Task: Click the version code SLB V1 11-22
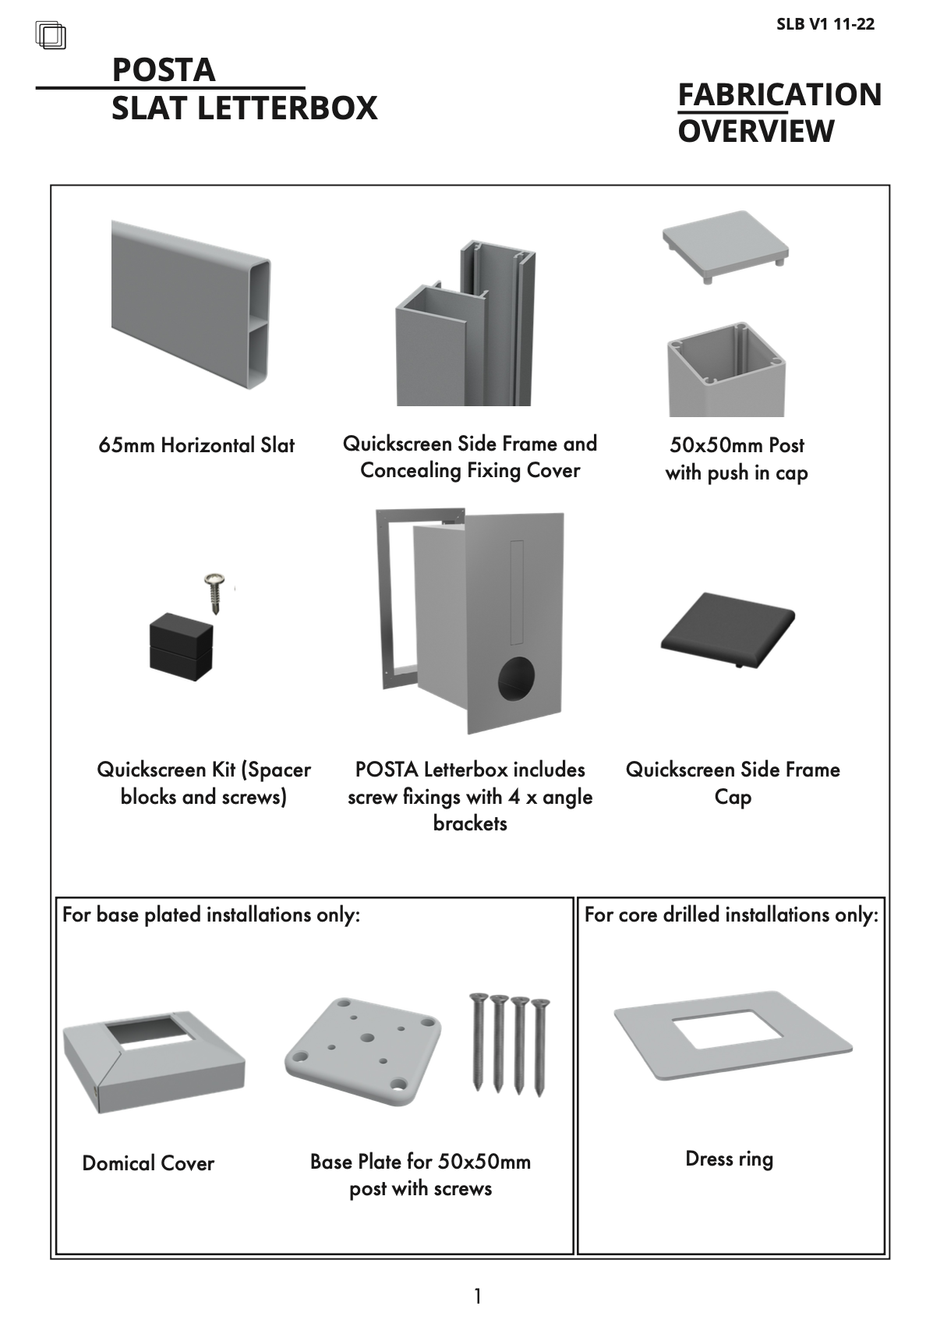[825, 24]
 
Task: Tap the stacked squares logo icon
[51, 35]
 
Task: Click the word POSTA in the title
[164, 70]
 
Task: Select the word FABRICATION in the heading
[779, 95]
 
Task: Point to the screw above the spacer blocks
[214, 593]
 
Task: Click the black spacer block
[181, 647]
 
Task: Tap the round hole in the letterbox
[516, 678]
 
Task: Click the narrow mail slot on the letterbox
[516, 593]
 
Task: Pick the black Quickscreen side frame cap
[728, 630]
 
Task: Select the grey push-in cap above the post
[725, 246]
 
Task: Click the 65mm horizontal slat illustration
[191, 305]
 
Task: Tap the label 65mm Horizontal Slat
[196, 445]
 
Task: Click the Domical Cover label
[148, 1163]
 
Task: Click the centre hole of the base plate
[367, 1039]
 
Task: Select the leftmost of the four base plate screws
[478, 1042]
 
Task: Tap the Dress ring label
[730, 1159]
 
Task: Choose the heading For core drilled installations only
[731, 915]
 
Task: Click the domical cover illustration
[154, 1062]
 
